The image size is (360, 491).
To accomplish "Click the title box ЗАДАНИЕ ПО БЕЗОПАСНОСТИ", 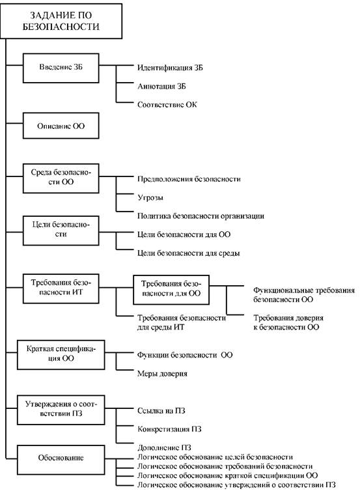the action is click(61, 21).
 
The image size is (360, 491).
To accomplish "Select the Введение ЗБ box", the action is click(61, 68).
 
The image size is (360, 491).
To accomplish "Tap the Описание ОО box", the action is click(61, 126).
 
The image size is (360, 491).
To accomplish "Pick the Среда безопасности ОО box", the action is click(61, 178).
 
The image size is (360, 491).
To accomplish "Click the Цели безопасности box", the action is click(61, 231).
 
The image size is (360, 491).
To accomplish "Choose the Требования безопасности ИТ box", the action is click(61, 288).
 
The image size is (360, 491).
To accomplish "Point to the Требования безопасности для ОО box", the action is click(171, 290).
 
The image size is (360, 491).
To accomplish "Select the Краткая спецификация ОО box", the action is click(61, 355).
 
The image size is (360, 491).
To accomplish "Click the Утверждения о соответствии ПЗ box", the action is click(61, 410).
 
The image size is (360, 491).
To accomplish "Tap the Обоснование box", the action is click(61, 458).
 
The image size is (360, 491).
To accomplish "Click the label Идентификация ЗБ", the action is click(170, 68).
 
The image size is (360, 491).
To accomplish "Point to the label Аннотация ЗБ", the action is click(161, 86).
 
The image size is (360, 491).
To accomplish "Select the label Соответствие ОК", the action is click(167, 105).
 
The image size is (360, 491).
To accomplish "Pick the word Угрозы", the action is click(150, 197).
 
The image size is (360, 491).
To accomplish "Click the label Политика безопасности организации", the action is click(201, 216).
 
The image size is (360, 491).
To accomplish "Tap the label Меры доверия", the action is click(162, 374).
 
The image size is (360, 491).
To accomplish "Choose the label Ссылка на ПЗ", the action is click(161, 410).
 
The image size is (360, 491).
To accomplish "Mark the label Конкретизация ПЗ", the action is click(169, 429).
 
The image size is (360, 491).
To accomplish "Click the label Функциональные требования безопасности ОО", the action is click(304, 294).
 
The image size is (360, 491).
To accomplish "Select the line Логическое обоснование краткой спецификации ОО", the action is click(228, 475).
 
